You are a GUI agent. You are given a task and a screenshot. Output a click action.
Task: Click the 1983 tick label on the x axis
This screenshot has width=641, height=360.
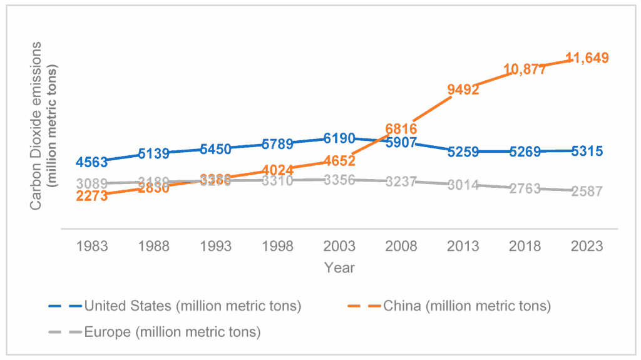[92, 246]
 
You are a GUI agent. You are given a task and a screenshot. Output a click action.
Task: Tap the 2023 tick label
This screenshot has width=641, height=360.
[587, 246]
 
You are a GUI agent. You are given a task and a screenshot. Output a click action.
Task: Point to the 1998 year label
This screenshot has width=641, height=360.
[277, 246]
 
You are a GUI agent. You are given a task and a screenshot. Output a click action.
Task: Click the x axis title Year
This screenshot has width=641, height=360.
[339, 268]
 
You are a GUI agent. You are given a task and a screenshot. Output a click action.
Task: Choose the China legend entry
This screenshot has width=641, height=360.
[466, 306]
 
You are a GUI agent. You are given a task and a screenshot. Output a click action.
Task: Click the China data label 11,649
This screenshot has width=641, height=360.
[587, 58]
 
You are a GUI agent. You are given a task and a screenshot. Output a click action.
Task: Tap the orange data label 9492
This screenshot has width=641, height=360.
[463, 90]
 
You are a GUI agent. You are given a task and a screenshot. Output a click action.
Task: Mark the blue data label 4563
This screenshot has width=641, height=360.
[92, 162]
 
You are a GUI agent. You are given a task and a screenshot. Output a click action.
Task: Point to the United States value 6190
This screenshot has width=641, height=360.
[339, 138]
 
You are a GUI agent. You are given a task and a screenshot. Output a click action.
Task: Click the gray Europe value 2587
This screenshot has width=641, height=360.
[587, 192]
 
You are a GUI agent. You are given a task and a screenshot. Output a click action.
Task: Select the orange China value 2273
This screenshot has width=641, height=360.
[92, 196]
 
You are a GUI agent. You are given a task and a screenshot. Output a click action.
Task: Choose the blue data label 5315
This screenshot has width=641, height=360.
[587, 151]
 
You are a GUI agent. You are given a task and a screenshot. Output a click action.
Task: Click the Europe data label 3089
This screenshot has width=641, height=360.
[92, 183]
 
